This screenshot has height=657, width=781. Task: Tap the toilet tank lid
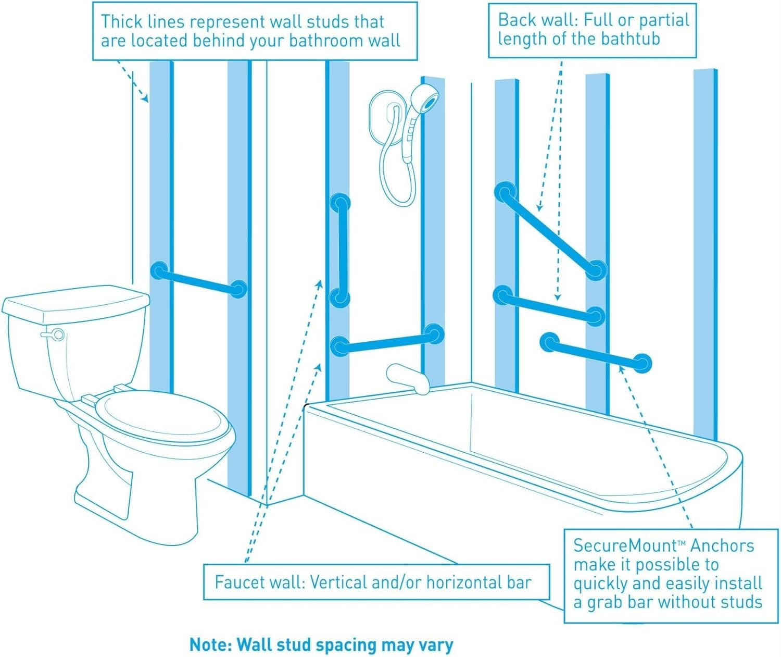click(75, 302)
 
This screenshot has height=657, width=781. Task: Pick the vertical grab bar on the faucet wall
click(342, 250)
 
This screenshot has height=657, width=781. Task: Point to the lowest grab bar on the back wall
click(596, 353)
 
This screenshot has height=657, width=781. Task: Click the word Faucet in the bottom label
click(240, 582)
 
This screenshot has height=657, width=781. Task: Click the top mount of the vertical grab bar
click(340, 203)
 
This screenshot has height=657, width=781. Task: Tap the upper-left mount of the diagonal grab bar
click(505, 192)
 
